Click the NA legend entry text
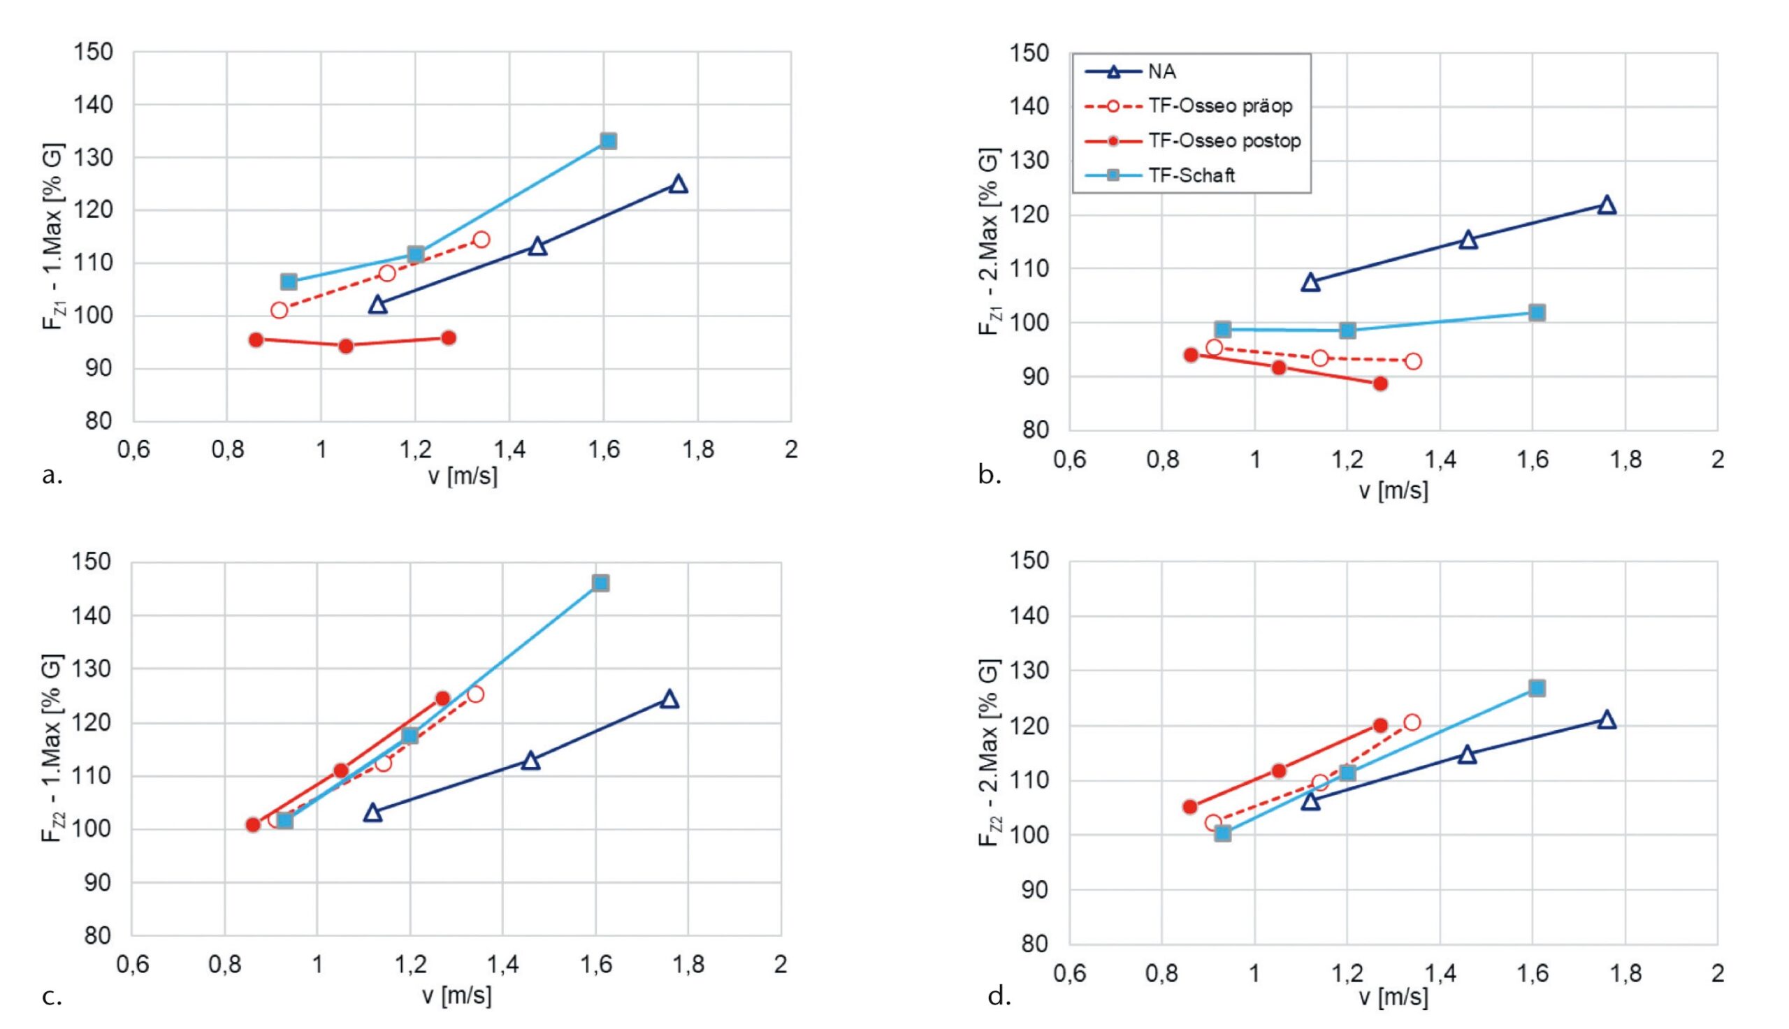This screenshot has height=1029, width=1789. coord(1162,71)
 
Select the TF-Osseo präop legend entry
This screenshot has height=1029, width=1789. coord(1220,106)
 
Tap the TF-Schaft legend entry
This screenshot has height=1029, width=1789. coord(1192,175)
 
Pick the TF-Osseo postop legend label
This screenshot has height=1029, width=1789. coord(1224,140)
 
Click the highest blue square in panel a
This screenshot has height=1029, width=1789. coord(608,140)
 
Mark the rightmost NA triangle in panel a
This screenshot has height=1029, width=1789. coord(678,184)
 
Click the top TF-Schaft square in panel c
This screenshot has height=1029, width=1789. coord(600,583)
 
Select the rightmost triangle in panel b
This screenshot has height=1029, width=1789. coord(1607,205)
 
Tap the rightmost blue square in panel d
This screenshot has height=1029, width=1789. coord(1537,687)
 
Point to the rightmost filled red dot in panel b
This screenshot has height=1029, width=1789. coord(1379,384)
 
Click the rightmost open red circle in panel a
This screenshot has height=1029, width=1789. coord(481,240)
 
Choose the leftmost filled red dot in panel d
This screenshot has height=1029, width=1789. coord(1189,806)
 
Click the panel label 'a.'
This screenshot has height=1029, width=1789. coord(52,476)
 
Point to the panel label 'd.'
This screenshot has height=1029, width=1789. coord(999,996)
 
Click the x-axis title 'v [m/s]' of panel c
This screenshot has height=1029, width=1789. coord(456,995)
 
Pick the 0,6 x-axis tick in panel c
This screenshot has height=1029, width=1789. coord(132,964)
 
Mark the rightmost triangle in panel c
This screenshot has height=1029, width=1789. coord(669,699)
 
